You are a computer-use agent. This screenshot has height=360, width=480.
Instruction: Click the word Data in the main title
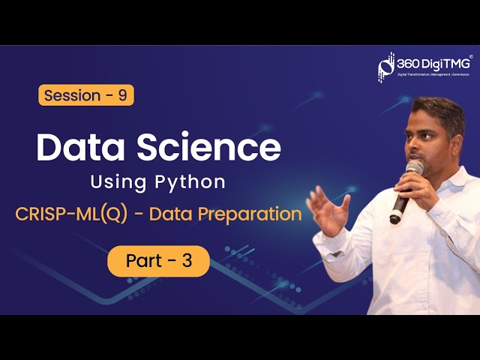pos(78,148)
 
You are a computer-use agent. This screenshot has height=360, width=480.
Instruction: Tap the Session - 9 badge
pos(85,95)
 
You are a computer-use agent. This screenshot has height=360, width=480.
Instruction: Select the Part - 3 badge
pos(158,261)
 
